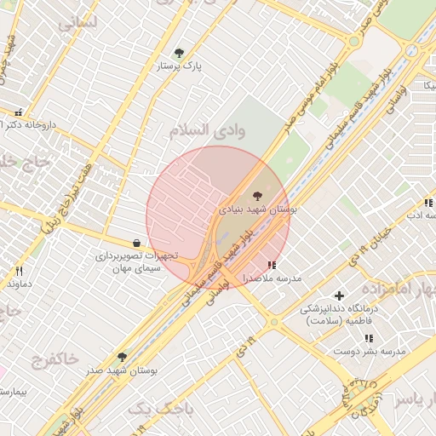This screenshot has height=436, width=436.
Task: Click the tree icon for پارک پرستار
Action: [178, 53]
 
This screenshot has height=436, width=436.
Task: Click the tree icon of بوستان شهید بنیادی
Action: [257, 195]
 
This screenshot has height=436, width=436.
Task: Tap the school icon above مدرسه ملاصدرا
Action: [272, 266]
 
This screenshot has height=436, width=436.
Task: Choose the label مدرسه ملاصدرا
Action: [271, 278]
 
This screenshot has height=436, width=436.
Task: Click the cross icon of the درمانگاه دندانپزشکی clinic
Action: [339, 295]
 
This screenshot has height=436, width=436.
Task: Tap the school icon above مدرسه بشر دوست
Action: [368, 338]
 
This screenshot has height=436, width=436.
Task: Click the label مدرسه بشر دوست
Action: [369, 351]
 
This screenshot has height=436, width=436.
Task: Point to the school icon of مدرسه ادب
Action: [427, 203]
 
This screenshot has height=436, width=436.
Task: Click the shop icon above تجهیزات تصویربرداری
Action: [136, 243]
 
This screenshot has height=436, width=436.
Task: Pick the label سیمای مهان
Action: [135, 268]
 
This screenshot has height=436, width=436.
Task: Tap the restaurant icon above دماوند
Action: [18, 271]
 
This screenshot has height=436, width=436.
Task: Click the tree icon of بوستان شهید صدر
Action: [122, 358]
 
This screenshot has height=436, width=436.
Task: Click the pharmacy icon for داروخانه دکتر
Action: [19, 112]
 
